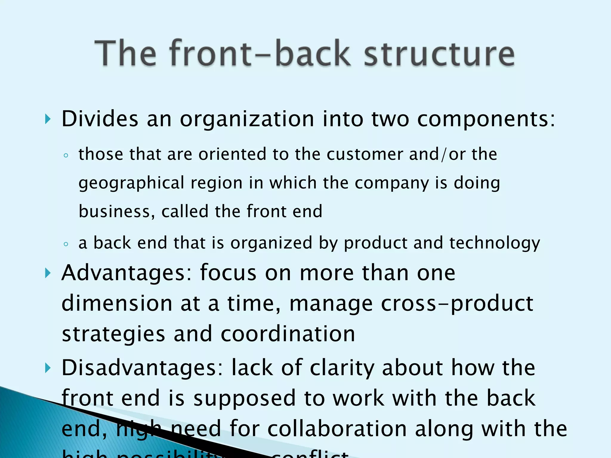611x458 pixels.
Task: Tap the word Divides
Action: (x=100, y=119)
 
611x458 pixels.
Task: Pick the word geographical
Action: (x=131, y=183)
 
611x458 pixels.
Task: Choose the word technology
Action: (x=495, y=243)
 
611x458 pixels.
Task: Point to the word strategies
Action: (x=113, y=335)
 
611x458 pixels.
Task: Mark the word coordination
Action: (x=288, y=334)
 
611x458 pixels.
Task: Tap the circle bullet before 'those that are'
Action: (x=66, y=155)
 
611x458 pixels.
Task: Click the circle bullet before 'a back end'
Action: (x=66, y=244)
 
